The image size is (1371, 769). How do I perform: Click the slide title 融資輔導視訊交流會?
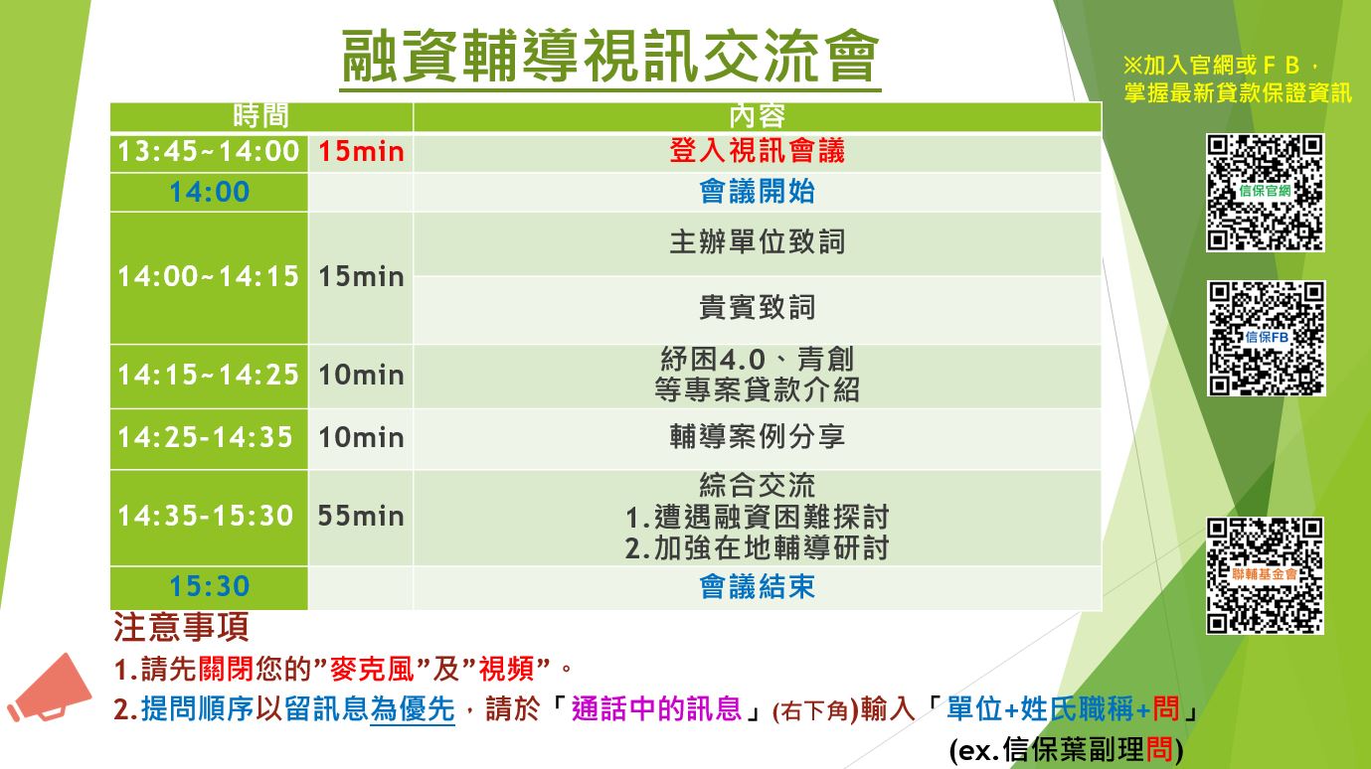pyautogui.click(x=610, y=56)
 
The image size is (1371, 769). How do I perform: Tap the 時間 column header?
pyautogui.click(x=260, y=115)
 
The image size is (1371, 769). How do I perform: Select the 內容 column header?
pyautogui.click(x=758, y=115)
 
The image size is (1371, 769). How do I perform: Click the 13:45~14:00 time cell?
pyautogui.click(x=208, y=152)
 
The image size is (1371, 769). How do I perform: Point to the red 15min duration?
pyautogui.click(x=361, y=152)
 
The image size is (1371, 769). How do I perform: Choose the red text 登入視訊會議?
pyautogui.click(x=758, y=151)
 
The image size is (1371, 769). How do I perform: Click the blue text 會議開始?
pyautogui.click(x=758, y=192)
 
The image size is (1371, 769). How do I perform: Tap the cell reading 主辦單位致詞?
pyautogui.click(x=758, y=242)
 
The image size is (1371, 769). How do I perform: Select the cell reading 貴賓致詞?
pyautogui.click(x=758, y=307)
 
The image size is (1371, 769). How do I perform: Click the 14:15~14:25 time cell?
pyautogui.click(x=208, y=375)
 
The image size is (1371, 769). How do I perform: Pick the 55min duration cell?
pyautogui.click(x=361, y=516)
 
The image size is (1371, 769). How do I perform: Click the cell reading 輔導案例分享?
pyautogui.click(x=758, y=437)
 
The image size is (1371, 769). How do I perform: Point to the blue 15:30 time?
pyautogui.click(x=210, y=586)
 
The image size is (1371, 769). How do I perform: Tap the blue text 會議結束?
pyautogui.click(x=758, y=587)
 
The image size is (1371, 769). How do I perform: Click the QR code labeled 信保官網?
pyautogui.click(x=1265, y=193)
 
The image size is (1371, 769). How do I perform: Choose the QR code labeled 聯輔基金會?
pyautogui.click(x=1265, y=575)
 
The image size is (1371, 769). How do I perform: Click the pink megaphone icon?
pyautogui.click(x=49, y=689)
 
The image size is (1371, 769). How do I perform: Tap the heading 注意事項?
pyautogui.click(x=181, y=628)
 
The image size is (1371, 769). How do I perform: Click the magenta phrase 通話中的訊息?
pyautogui.click(x=656, y=709)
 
